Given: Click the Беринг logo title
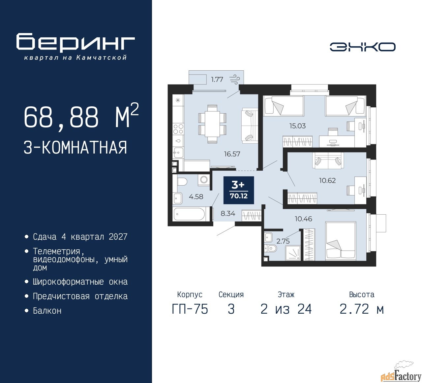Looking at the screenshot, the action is [x=75, y=43].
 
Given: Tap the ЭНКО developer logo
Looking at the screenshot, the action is [x=362, y=47].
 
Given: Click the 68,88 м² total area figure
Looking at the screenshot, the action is [x=81, y=116].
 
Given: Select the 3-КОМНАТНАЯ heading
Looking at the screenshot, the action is [x=75, y=148].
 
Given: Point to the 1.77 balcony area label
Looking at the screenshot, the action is [x=217, y=80].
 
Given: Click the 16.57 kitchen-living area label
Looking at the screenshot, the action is [x=232, y=154].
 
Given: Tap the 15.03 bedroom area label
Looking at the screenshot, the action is [x=297, y=126].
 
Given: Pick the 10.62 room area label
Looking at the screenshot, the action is [x=327, y=181].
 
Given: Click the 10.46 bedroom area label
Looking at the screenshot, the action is [x=303, y=219].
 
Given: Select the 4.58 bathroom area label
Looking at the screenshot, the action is [x=196, y=197].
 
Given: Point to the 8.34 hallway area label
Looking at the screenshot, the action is [x=228, y=214].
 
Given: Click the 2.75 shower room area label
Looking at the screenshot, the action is [x=283, y=241].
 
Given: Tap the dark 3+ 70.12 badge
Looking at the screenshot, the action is [x=239, y=190].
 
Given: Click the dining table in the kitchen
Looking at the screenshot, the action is [x=212, y=124].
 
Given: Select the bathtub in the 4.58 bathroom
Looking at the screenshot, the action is [x=189, y=214].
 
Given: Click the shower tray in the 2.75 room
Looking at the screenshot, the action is [x=293, y=254].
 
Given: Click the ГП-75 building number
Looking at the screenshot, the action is [x=190, y=309].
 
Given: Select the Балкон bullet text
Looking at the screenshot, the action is [x=47, y=311].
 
